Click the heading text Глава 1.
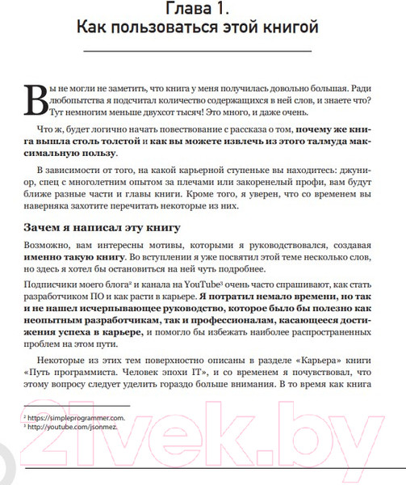pyautogui.click(x=203, y=11)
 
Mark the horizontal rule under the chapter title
pyautogui.click(x=203, y=53)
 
